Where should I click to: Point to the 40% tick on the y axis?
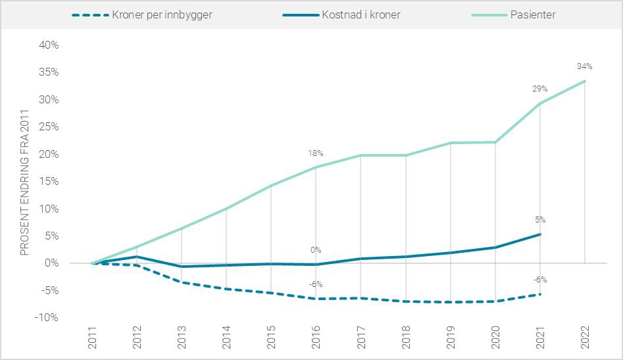pyautogui.click(x=49, y=45)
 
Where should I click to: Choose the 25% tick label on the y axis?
pyautogui.click(x=49, y=127)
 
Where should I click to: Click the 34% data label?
pyautogui.click(x=584, y=66)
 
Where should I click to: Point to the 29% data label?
pyautogui.click(x=539, y=88)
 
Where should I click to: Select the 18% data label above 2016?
pyautogui.click(x=316, y=153)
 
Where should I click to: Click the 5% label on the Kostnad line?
pyautogui.click(x=540, y=220)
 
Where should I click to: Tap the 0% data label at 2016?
pyautogui.click(x=316, y=250)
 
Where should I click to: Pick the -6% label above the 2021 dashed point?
pyautogui.click(x=539, y=280)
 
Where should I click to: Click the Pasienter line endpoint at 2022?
pyautogui.click(x=585, y=81)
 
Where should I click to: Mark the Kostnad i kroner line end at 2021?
pyautogui.click(x=540, y=234)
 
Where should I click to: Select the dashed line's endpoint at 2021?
pyautogui.click(x=540, y=294)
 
